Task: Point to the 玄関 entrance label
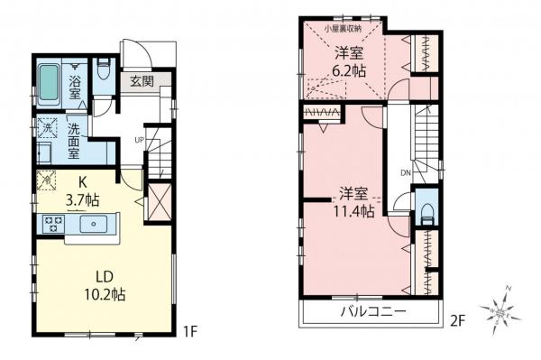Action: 142,80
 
